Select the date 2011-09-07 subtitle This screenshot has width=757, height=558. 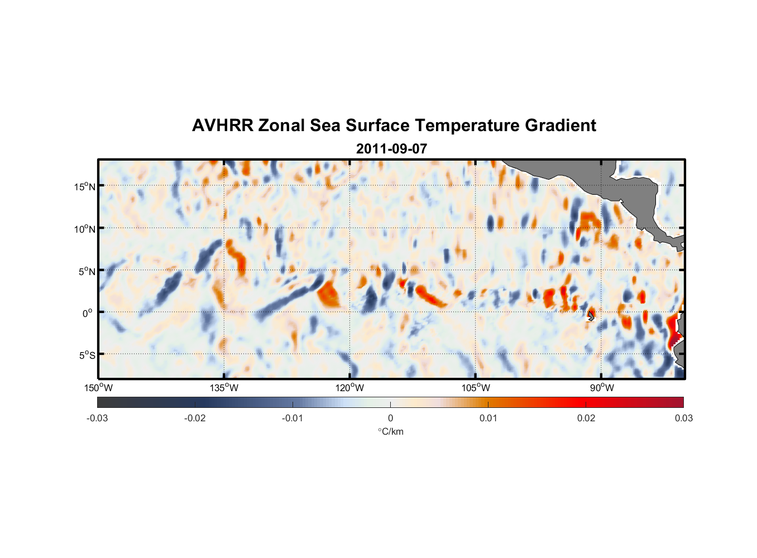pos(391,149)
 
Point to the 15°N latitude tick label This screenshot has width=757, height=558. pos(84,186)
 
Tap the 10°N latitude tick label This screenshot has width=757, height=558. pos(84,229)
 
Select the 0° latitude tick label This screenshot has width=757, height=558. pos(88,313)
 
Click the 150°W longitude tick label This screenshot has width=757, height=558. pos(99,388)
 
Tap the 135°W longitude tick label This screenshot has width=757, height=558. pos(224,388)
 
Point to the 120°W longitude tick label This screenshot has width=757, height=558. pos(350,388)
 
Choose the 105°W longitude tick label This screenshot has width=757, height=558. pos(476,388)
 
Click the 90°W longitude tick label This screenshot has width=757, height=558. pos(602,388)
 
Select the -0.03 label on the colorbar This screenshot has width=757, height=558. pos(97,418)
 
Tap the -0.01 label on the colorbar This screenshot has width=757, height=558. pos(293,418)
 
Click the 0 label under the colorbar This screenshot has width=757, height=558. pos(390,418)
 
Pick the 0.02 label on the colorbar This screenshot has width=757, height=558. pos(586,418)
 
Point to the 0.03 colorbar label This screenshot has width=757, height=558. pos(683,418)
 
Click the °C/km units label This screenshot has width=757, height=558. pos(391,431)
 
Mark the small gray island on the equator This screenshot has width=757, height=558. pos(591,316)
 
